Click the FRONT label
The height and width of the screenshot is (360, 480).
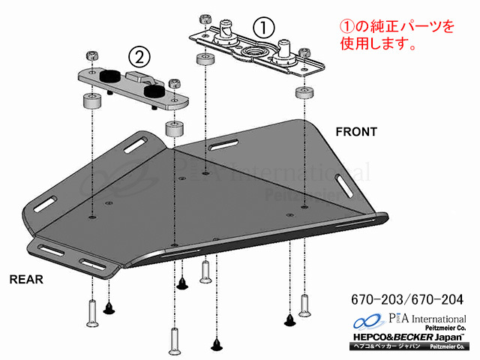[356, 131]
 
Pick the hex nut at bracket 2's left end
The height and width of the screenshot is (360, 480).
[91, 56]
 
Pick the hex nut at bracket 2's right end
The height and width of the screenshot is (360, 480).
[175, 84]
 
